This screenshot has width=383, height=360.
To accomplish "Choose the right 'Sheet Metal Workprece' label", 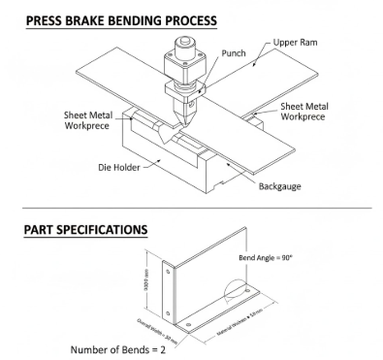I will click(x=316, y=112).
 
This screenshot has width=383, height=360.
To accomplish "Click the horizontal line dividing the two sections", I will click(x=194, y=208).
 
